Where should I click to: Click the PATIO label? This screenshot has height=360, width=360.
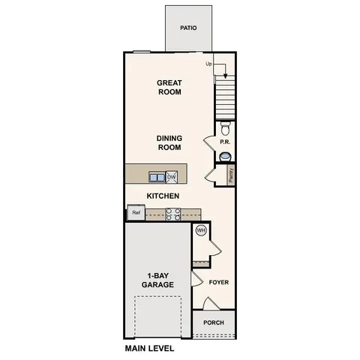click(188, 28)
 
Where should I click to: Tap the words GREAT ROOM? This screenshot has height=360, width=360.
click(170, 87)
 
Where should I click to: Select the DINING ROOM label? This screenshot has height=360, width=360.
click(169, 142)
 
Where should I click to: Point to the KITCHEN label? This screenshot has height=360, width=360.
click(162, 196)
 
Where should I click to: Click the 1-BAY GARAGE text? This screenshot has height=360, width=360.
click(158, 280)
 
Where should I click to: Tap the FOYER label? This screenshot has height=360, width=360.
click(218, 283)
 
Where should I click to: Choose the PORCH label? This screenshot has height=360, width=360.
click(214, 323)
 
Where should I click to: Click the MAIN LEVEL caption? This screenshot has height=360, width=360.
click(149, 349)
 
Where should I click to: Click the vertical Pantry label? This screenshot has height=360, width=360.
click(231, 175)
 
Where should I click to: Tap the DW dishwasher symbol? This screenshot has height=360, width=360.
click(172, 177)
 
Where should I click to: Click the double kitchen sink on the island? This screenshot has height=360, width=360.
click(157, 177)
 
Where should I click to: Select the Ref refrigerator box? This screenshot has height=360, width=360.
click(136, 213)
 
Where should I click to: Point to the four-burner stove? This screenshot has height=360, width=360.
click(172, 214)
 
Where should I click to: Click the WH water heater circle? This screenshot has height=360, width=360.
click(201, 231)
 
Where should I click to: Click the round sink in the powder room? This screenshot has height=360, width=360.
click(225, 156)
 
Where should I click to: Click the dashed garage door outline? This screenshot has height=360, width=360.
click(158, 315)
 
